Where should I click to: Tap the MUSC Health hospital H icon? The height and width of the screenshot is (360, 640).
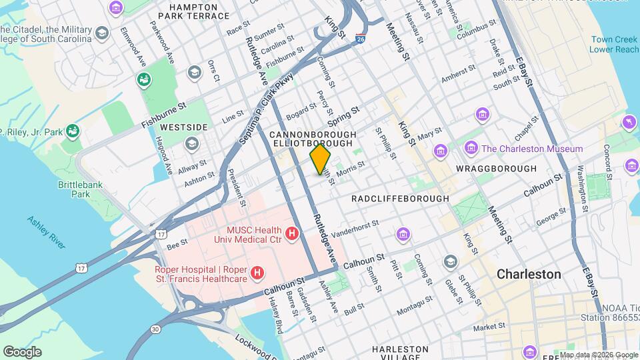[291, 233]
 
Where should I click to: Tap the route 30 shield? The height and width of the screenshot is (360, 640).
[155, 329]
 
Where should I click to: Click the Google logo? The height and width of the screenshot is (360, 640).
[22, 351]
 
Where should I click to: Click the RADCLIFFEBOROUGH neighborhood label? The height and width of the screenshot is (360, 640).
[400, 199]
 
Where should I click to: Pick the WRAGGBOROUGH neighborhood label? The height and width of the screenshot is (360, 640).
[496, 169]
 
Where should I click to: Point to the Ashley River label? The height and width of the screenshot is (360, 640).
[46, 231]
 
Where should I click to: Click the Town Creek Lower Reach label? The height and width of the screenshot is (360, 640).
[614, 44]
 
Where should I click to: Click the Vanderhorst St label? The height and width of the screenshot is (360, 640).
[355, 228]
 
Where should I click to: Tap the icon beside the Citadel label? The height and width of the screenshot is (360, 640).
[102, 33]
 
